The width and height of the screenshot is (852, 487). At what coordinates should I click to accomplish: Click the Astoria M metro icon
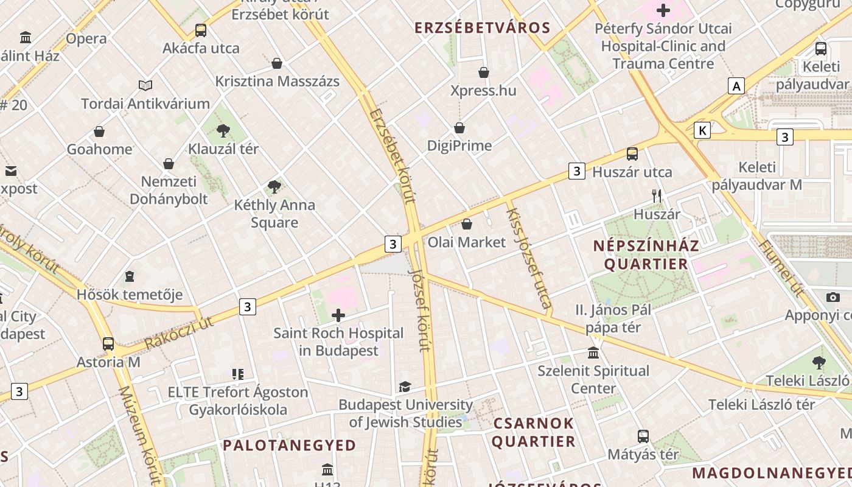(x=108, y=344)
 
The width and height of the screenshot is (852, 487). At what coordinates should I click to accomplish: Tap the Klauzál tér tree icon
(x=223, y=130)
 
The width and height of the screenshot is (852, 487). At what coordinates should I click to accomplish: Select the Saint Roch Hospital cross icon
(x=338, y=315)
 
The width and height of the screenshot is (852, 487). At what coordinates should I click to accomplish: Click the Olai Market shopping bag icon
(x=467, y=224)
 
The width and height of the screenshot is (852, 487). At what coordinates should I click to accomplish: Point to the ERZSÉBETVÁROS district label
(x=482, y=27)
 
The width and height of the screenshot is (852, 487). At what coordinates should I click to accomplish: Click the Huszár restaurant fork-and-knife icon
(x=657, y=196)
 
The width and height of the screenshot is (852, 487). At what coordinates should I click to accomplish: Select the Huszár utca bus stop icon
(x=632, y=154)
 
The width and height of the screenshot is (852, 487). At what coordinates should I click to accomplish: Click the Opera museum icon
(x=26, y=38)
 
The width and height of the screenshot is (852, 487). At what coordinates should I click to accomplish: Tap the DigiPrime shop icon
(x=459, y=128)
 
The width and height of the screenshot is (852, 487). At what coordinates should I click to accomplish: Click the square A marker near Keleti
(x=736, y=86)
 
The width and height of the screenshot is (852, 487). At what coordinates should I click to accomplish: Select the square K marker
(x=703, y=130)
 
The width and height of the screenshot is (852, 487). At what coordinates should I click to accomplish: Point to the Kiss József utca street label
(x=529, y=258)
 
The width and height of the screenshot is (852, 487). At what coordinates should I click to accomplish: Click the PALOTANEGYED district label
(x=289, y=445)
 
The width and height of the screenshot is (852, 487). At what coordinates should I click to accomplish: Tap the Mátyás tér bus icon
(x=643, y=436)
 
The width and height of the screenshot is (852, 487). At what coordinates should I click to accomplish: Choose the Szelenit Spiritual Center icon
(x=593, y=352)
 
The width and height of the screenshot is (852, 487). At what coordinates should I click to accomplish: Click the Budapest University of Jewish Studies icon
(x=405, y=387)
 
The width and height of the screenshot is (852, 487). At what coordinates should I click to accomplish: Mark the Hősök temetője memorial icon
(x=130, y=277)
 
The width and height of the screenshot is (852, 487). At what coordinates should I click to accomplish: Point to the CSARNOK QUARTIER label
(x=533, y=432)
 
